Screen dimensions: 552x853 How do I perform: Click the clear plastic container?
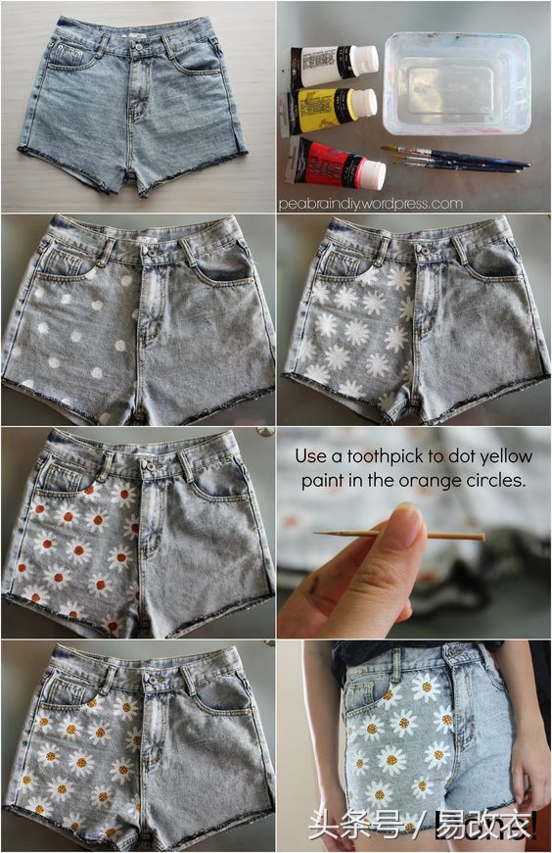point(456,82)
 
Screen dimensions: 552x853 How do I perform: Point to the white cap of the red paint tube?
point(372,173)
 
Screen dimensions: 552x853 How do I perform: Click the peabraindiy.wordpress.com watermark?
point(371,204)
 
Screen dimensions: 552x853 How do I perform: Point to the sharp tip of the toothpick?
point(315,533)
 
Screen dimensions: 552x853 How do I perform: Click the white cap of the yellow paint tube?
point(363,103)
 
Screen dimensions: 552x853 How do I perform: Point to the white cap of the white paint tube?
point(365,60)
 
